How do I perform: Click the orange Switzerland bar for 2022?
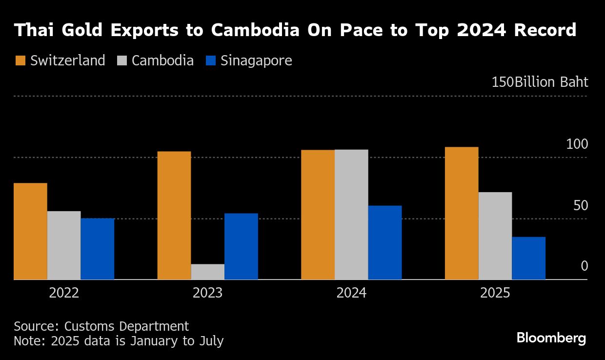click(x=30, y=231)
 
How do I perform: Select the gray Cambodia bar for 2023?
click(x=208, y=272)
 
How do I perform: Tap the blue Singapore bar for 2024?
click(x=385, y=242)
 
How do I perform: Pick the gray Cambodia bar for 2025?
click(x=495, y=236)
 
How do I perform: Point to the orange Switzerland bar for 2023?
click(x=174, y=215)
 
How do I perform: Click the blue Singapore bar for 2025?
click(x=528, y=258)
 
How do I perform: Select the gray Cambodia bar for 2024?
click(x=351, y=215)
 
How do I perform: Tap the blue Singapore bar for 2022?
click(x=98, y=249)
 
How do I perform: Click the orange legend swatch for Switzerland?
click(x=20, y=61)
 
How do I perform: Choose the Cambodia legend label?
click(x=162, y=61)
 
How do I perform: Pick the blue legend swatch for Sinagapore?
click(x=211, y=61)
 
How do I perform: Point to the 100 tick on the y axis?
click(x=577, y=144)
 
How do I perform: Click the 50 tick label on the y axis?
click(x=581, y=206)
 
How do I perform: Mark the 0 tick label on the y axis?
click(x=585, y=266)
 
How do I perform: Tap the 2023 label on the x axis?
click(x=207, y=293)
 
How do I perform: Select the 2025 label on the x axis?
click(x=495, y=293)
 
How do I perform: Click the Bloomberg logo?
click(x=551, y=338)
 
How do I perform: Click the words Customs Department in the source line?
click(x=126, y=326)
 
